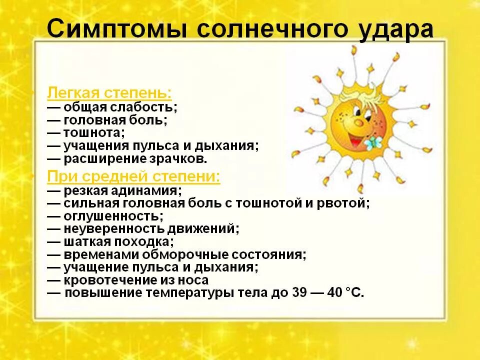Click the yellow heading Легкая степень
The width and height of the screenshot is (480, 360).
coord(109,93)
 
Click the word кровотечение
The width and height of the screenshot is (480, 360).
coord(105,280)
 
